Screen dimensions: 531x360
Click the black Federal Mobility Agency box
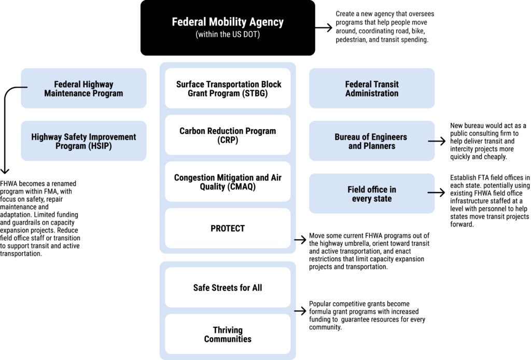(x=228, y=28)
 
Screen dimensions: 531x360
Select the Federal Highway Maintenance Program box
(x=83, y=88)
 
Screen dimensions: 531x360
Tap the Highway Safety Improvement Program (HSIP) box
(x=83, y=141)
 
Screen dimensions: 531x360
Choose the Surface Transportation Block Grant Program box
(x=228, y=88)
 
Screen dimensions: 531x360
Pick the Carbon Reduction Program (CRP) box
(x=228, y=135)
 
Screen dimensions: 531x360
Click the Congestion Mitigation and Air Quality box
(x=228, y=182)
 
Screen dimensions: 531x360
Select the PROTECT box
(x=228, y=228)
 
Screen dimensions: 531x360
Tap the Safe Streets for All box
(x=228, y=287)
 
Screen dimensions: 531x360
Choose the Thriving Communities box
(x=228, y=334)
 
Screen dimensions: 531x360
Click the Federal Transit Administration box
(x=372, y=88)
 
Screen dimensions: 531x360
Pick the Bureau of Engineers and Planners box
(x=372, y=141)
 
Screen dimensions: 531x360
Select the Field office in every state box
(x=372, y=193)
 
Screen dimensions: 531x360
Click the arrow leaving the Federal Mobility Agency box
(x=324, y=27)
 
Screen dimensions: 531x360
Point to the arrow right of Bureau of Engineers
(x=437, y=141)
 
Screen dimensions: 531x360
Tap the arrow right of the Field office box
(x=437, y=192)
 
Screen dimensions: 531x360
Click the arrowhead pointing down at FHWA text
(x=5, y=171)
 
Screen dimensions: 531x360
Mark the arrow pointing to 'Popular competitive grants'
(x=300, y=311)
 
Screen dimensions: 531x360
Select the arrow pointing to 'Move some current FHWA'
(x=300, y=240)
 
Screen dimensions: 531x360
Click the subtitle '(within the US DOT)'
(x=228, y=35)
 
